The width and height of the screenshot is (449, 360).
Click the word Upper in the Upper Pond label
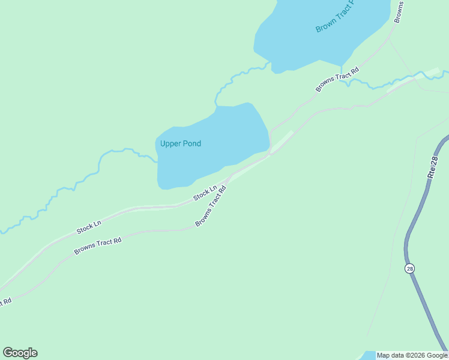coord(170,144)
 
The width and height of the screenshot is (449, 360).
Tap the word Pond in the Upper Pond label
coord(191,144)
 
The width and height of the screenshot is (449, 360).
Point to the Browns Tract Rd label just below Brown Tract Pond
coord(337,79)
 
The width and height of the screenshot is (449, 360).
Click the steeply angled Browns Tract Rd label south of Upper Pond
coord(211,206)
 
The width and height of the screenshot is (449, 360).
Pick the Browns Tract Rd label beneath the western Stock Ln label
coord(98,246)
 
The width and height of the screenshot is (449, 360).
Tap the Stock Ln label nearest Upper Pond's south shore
coord(205,194)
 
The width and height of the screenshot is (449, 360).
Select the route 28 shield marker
coord(409,268)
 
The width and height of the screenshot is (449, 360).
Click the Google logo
coord(20,353)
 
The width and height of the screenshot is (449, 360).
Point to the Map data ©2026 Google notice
coord(412,355)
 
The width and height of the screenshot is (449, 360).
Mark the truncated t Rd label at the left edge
coord(5,301)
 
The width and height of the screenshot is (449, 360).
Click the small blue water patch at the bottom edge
coord(367,355)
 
